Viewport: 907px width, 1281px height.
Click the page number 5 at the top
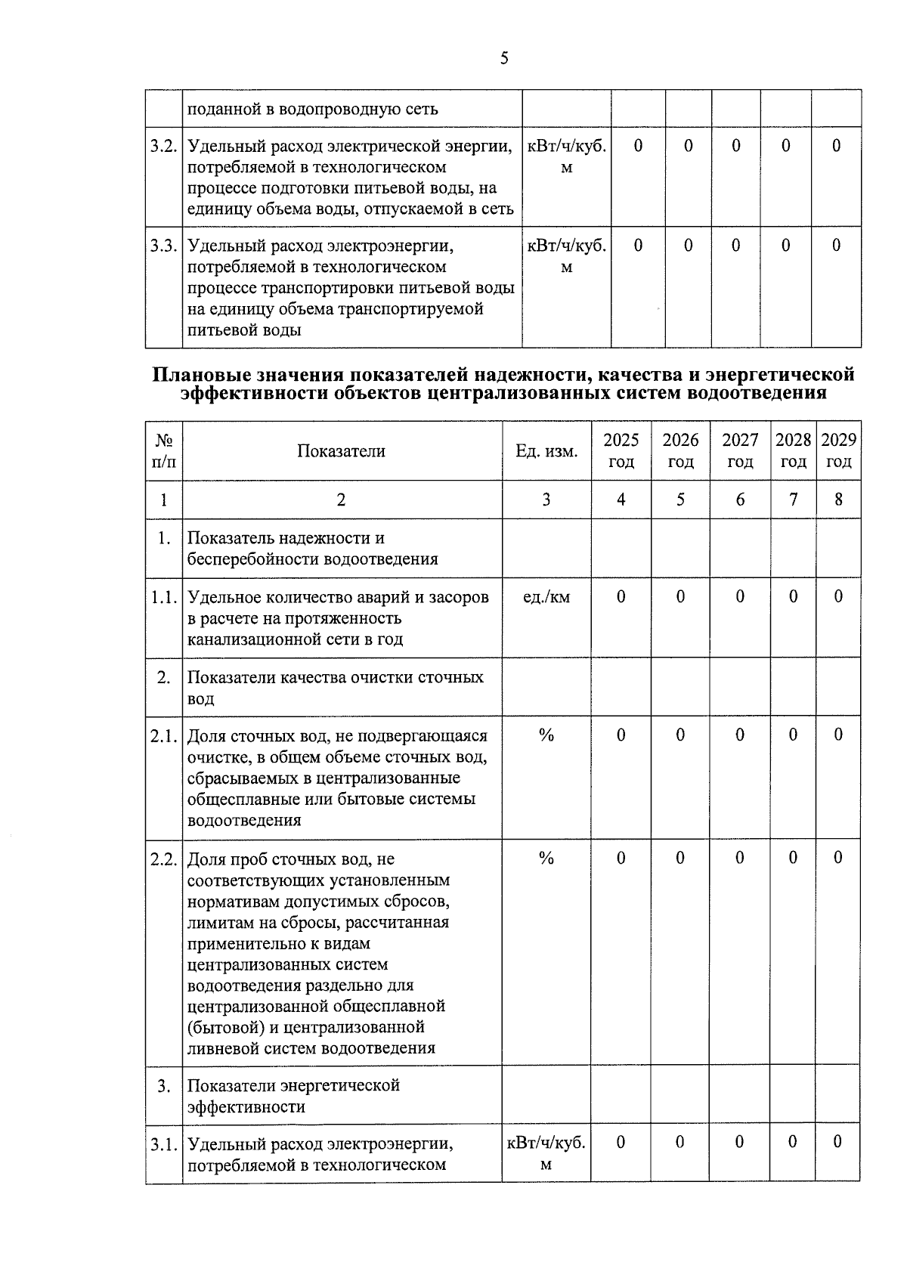tap(504, 58)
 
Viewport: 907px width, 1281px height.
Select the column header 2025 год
tap(621, 450)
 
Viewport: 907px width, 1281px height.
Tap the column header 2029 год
tap(838, 450)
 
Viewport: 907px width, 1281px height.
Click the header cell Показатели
tap(341, 451)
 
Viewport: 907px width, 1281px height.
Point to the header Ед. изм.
tap(546, 451)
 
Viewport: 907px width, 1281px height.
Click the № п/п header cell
tap(163, 450)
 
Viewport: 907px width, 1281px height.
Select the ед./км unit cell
tap(546, 597)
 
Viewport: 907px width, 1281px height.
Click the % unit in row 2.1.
tap(546, 735)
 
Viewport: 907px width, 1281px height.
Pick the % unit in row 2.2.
tap(546, 858)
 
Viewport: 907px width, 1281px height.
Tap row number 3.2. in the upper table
tap(163, 146)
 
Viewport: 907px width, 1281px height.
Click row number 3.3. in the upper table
tap(163, 246)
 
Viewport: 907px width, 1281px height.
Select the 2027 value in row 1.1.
tap(739, 597)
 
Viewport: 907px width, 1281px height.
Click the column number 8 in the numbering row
tap(838, 500)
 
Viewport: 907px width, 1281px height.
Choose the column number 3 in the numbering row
tap(546, 500)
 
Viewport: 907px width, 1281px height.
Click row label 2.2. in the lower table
tap(163, 859)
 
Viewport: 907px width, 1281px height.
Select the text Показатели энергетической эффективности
tap(293, 1096)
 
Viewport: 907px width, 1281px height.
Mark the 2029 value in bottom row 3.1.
tap(837, 1142)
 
